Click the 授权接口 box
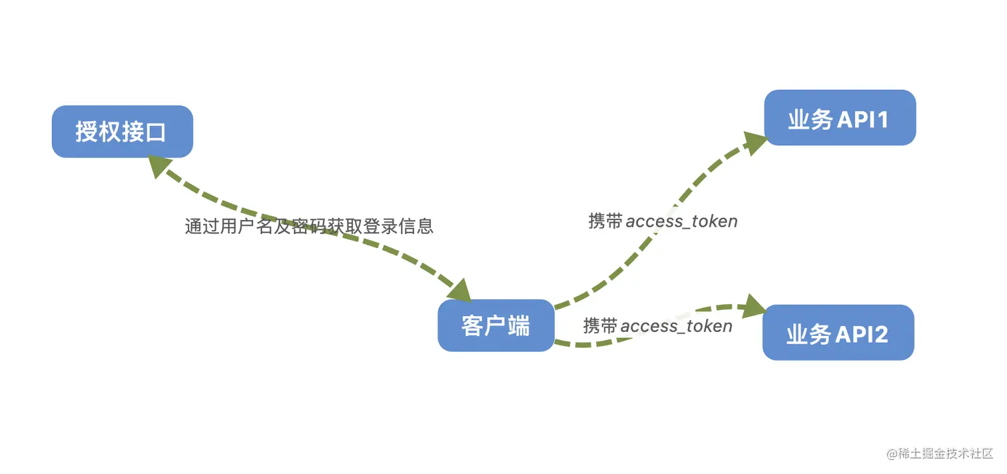click(x=123, y=131)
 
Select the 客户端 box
click(x=496, y=325)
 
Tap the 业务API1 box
click(x=839, y=118)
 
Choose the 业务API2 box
click(x=838, y=333)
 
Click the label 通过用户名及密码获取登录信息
click(x=309, y=227)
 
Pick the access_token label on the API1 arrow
click(x=681, y=221)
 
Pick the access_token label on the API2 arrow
click(x=676, y=326)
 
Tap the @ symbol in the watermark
click(x=892, y=453)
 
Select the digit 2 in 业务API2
click(x=880, y=333)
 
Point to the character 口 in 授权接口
click(x=155, y=132)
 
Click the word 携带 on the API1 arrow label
click(x=605, y=221)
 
